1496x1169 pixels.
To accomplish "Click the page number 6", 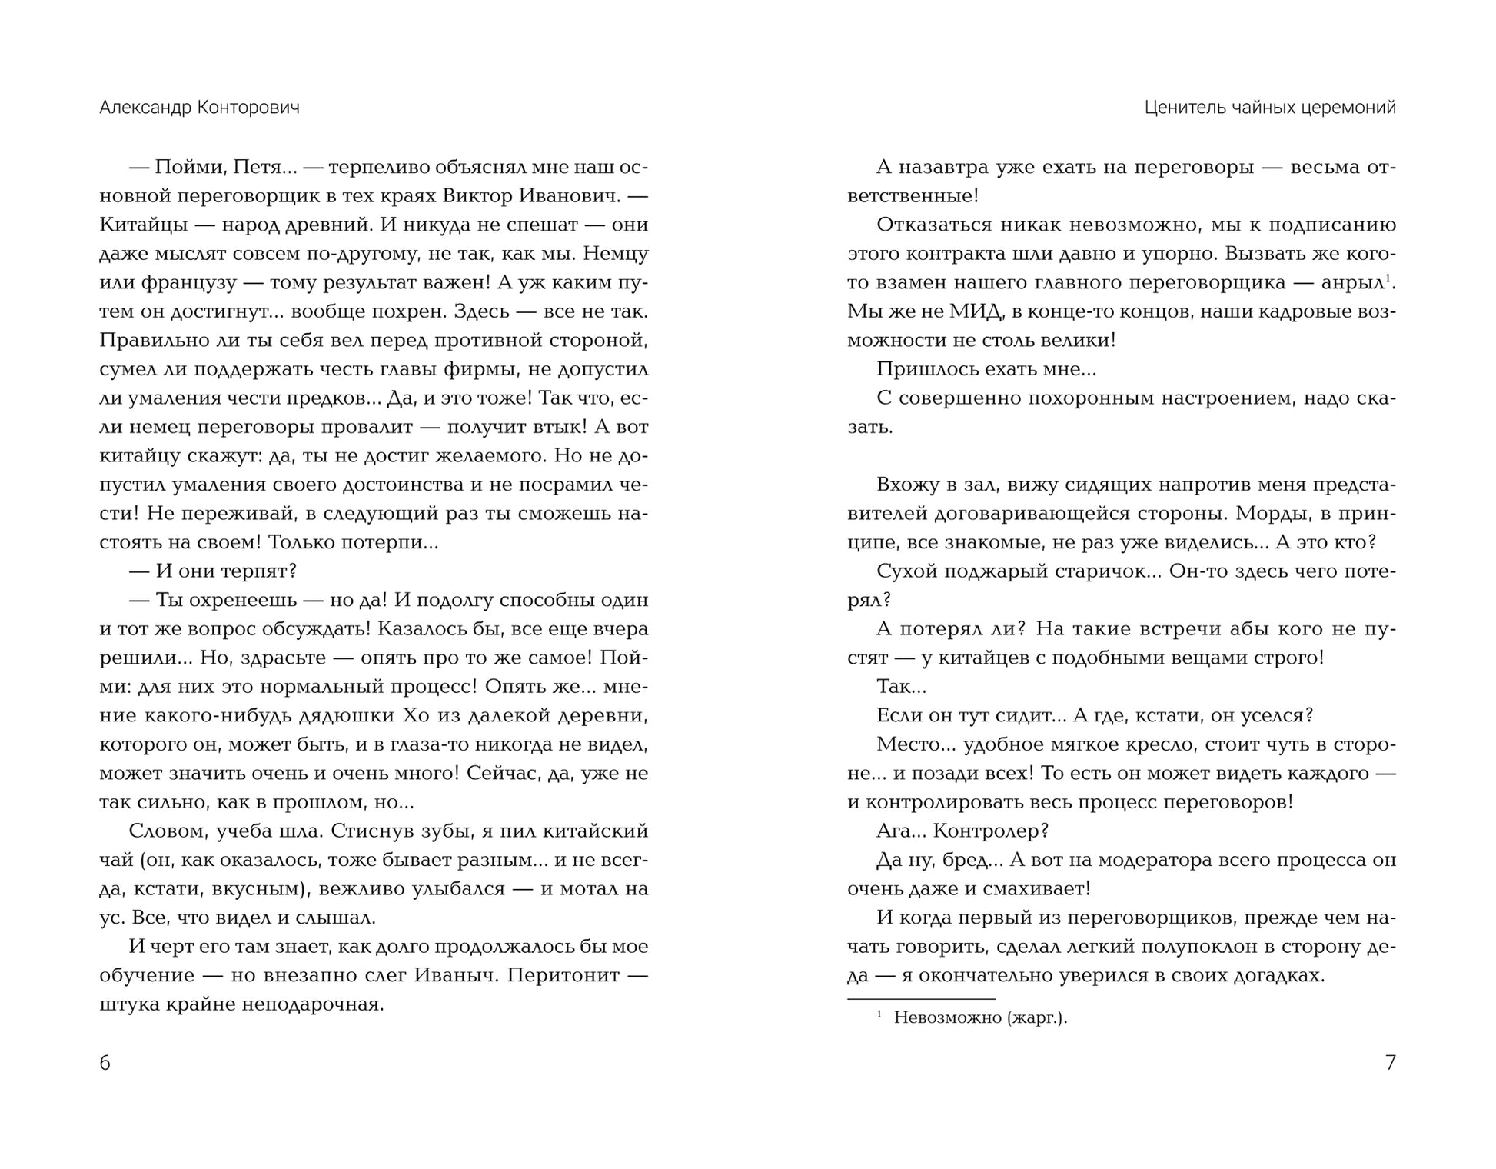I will (105, 1063).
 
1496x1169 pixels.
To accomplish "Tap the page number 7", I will (1390, 1063).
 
